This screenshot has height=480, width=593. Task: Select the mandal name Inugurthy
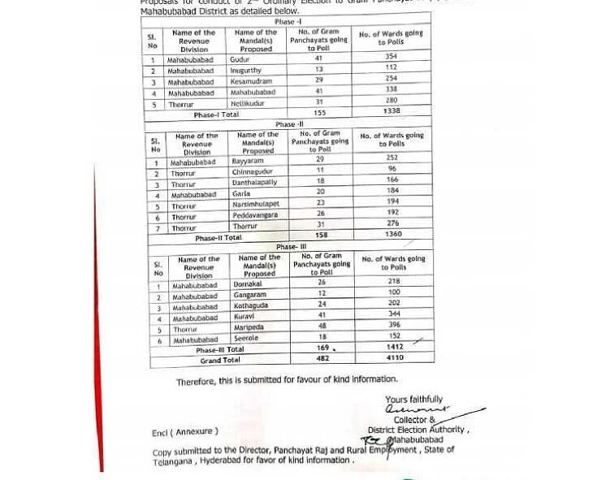(x=247, y=71)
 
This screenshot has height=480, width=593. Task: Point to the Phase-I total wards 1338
(x=392, y=110)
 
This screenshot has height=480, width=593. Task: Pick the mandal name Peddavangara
(x=255, y=215)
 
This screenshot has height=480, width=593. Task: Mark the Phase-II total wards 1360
(x=392, y=235)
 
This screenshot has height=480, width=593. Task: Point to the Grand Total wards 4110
(x=395, y=357)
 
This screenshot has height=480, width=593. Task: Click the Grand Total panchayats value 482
(x=322, y=357)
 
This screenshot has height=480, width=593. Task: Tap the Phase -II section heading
(x=288, y=125)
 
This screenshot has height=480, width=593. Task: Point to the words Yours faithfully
(x=414, y=399)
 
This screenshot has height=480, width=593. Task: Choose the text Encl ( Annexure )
(x=184, y=432)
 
